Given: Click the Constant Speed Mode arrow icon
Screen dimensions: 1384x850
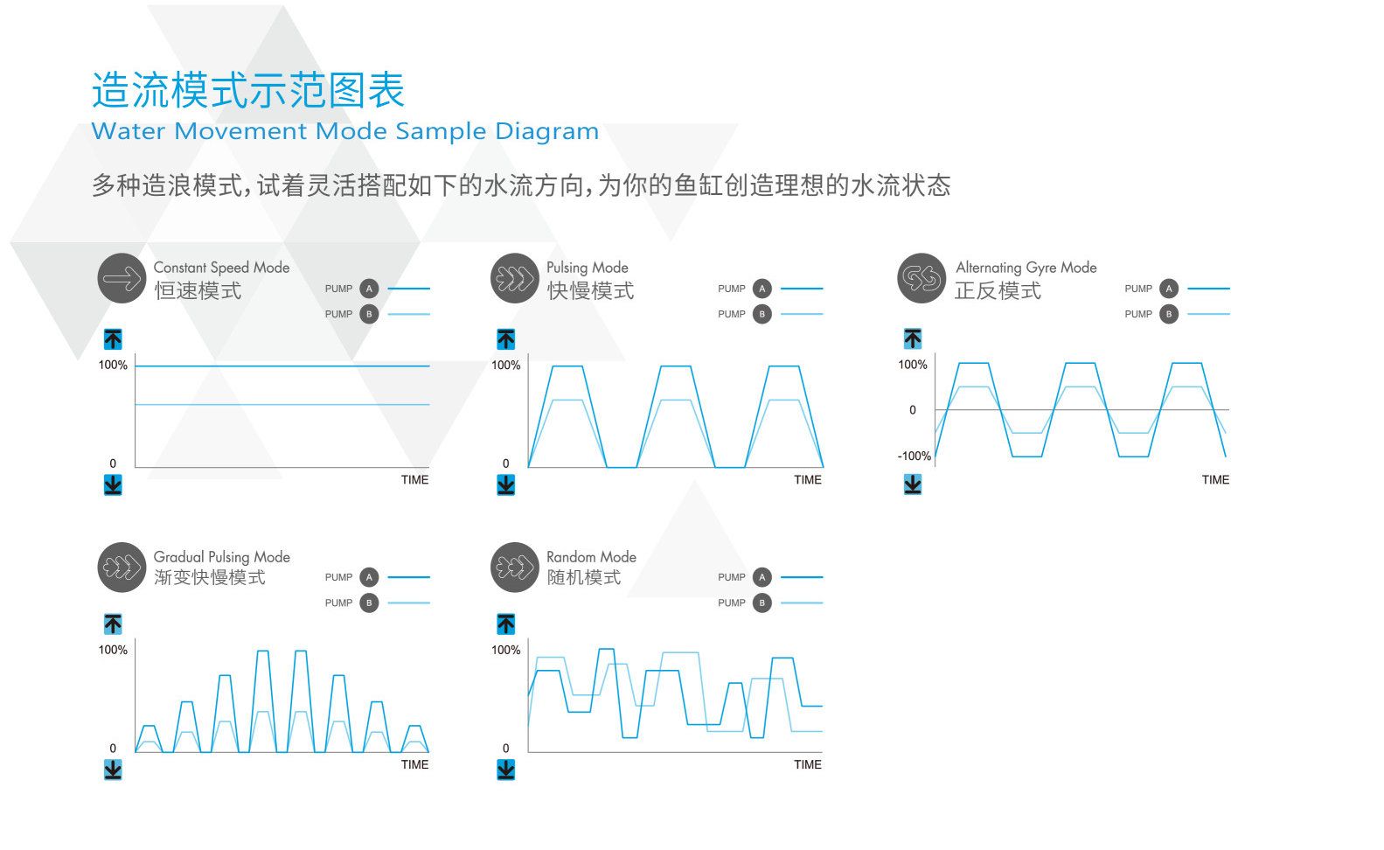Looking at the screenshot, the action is click(x=122, y=278).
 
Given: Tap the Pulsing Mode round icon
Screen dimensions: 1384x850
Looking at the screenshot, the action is click(x=515, y=278).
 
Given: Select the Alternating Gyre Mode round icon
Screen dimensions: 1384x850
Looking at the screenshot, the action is click(x=922, y=278).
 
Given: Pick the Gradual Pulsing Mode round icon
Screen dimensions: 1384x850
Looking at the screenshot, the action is click(x=122, y=567).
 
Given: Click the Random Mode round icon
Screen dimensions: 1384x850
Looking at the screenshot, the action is click(x=515, y=567).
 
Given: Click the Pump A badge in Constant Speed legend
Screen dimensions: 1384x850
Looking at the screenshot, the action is click(x=369, y=289).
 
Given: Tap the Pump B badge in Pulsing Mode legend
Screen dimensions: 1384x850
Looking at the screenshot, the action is click(x=762, y=314).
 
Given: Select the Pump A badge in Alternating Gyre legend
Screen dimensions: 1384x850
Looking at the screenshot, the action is click(x=1168, y=289).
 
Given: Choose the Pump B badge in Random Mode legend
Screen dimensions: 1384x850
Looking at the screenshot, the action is click(x=762, y=603).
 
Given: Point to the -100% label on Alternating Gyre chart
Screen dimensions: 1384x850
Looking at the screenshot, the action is click(x=914, y=456).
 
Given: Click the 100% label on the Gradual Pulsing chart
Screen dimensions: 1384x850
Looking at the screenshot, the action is click(x=113, y=650).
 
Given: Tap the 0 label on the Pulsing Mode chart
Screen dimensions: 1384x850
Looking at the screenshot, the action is click(x=506, y=463).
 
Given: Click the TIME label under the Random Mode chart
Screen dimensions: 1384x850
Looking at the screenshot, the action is click(x=808, y=764).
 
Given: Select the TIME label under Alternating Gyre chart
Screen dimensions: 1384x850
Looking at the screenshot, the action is click(x=1215, y=480).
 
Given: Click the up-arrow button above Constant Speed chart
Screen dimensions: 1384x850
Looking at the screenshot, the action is click(x=113, y=338).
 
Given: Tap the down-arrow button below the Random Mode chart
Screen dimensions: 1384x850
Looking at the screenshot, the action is click(x=505, y=770).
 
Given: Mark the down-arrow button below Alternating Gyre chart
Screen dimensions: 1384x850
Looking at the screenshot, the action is click(x=913, y=484).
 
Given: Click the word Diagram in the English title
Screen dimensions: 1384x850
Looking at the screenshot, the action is click(x=546, y=131).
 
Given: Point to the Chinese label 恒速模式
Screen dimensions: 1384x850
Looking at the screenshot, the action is click(x=198, y=290).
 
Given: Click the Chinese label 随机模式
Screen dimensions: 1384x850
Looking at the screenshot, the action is click(x=584, y=577).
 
